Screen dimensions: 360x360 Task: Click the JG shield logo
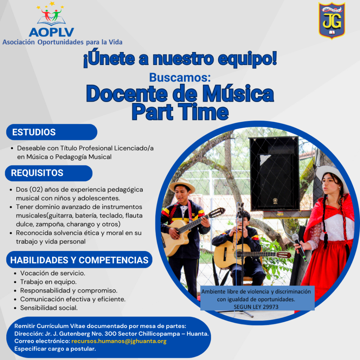point(332,21)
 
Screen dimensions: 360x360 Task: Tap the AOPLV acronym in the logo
point(51,32)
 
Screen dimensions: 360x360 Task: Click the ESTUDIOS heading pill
point(52,132)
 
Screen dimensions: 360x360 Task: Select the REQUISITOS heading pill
point(49,173)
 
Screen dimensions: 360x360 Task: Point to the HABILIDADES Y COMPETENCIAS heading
point(79,260)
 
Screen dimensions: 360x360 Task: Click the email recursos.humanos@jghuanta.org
point(119,341)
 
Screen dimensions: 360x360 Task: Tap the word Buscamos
point(180,78)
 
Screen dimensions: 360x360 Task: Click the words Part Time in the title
point(180,112)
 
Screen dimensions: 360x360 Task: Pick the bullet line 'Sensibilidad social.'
point(49,308)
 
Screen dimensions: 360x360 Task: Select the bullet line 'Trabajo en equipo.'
point(48,282)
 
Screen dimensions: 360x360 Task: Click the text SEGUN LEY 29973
point(256,307)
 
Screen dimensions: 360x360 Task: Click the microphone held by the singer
point(299,247)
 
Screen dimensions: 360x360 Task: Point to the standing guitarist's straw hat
point(182,184)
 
